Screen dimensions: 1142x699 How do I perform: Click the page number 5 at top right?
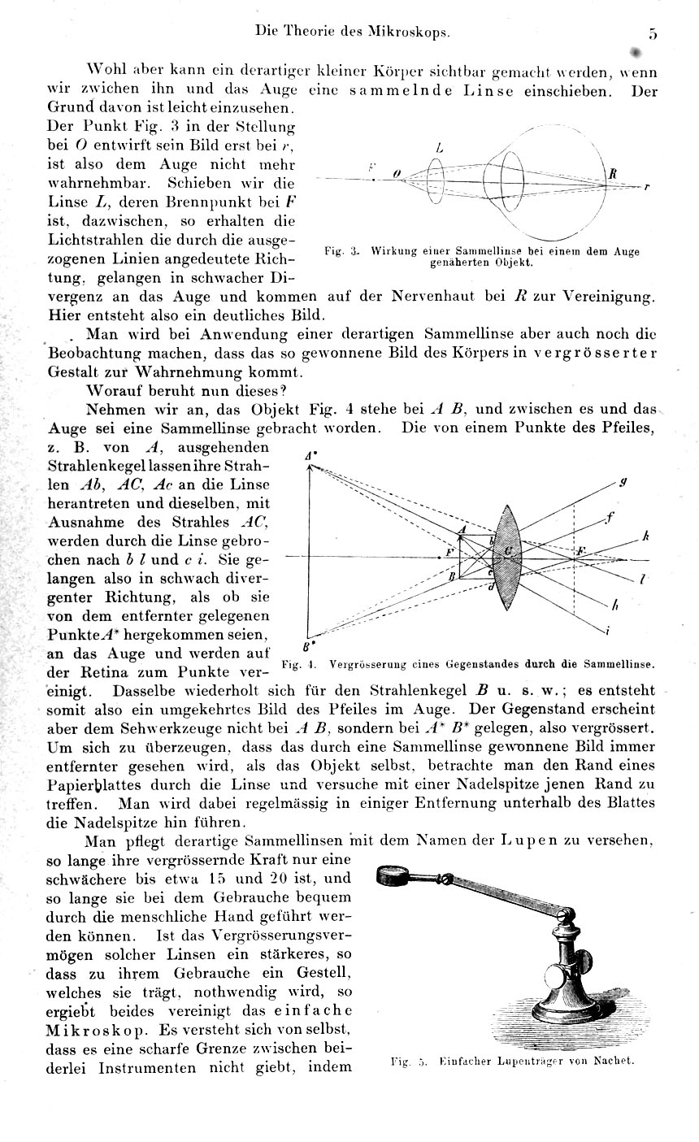(653, 34)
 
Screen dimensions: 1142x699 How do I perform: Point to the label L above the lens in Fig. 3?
(439, 148)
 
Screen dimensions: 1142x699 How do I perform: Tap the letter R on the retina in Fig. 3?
(613, 173)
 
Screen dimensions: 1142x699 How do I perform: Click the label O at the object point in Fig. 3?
(397, 173)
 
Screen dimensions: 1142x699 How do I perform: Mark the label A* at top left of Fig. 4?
(310, 458)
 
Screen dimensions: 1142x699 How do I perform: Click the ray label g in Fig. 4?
(622, 482)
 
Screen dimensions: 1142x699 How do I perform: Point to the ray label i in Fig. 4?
(608, 631)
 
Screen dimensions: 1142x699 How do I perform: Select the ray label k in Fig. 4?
(645, 536)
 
